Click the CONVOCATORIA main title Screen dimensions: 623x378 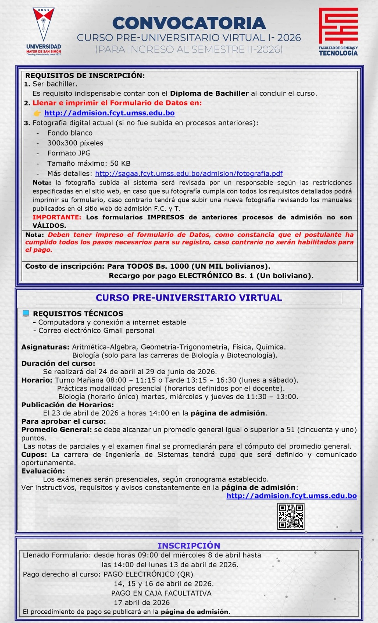189,23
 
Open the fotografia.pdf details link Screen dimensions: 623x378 189,174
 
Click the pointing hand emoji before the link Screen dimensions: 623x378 37,113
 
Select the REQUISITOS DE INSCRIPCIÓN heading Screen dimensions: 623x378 85,76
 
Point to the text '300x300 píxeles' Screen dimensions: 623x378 75,143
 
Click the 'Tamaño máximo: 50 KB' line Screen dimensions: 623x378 89,164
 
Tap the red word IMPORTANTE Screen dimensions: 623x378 57,217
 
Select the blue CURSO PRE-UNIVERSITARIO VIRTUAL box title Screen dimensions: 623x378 189,298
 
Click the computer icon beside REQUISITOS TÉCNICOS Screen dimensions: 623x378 26,313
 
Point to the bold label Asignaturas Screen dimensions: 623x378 45,347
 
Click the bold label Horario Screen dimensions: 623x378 37,380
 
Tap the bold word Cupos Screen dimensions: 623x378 34,454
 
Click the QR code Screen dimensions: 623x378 291,517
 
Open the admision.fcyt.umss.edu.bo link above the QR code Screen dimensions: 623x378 292,496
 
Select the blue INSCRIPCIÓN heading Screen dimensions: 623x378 189,546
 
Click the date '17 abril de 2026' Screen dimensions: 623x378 142,603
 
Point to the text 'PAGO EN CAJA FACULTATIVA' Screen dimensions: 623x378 161,593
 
